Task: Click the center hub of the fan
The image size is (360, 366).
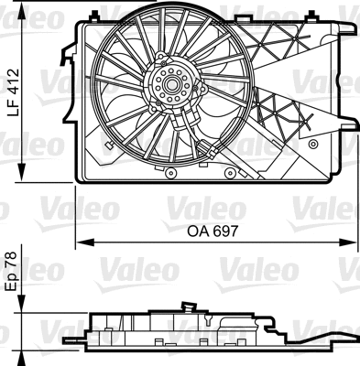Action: click(169, 86)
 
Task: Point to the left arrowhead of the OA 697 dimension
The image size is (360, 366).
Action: click(79, 242)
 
